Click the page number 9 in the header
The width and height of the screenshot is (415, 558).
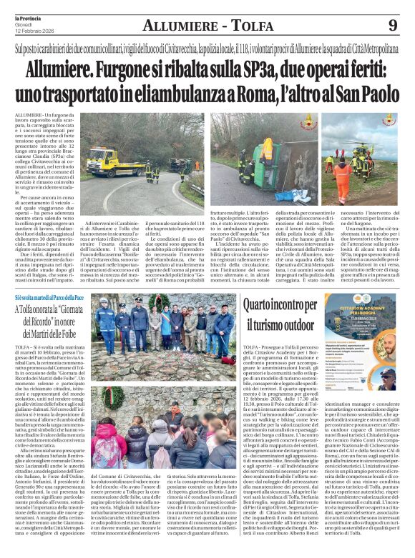392,26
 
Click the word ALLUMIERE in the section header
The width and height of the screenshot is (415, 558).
179,26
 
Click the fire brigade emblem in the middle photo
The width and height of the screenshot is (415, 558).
309,120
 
